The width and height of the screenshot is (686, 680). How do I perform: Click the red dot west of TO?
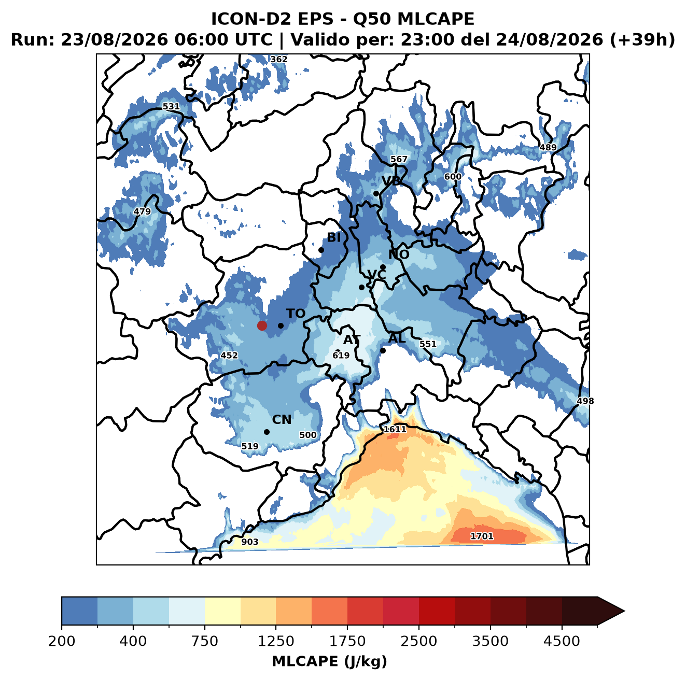tap(262, 325)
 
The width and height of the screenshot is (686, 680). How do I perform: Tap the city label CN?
tap(282, 420)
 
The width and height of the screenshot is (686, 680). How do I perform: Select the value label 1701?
tap(482, 536)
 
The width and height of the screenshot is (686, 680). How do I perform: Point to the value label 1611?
tap(395, 429)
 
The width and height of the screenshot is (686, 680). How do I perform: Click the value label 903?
tap(250, 542)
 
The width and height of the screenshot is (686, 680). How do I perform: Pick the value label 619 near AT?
tap(341, 355)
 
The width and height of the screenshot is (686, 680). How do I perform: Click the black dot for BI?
tap(321, 250)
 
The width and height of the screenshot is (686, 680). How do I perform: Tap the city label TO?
tap(296, 314)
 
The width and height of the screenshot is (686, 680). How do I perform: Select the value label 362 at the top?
tap(279, 60)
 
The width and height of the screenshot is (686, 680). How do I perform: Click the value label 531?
tap(171, 106)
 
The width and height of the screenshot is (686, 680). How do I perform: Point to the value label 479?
tap(142, 211)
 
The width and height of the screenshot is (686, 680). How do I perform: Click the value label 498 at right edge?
tap(585, 401)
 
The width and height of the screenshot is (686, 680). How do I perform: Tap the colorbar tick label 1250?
tap(276, 642)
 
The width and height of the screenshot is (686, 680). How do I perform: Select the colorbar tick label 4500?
tap(562, 642)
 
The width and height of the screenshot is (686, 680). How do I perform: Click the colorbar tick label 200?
tap(62, 642)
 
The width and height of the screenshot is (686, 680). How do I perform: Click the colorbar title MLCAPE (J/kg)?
tap(329, 662)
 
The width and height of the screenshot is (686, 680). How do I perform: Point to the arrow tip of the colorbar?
tap(624, 612)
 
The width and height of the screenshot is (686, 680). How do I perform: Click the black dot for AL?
tap(383, 350)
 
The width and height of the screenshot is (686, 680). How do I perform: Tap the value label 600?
tap(453, 177)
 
